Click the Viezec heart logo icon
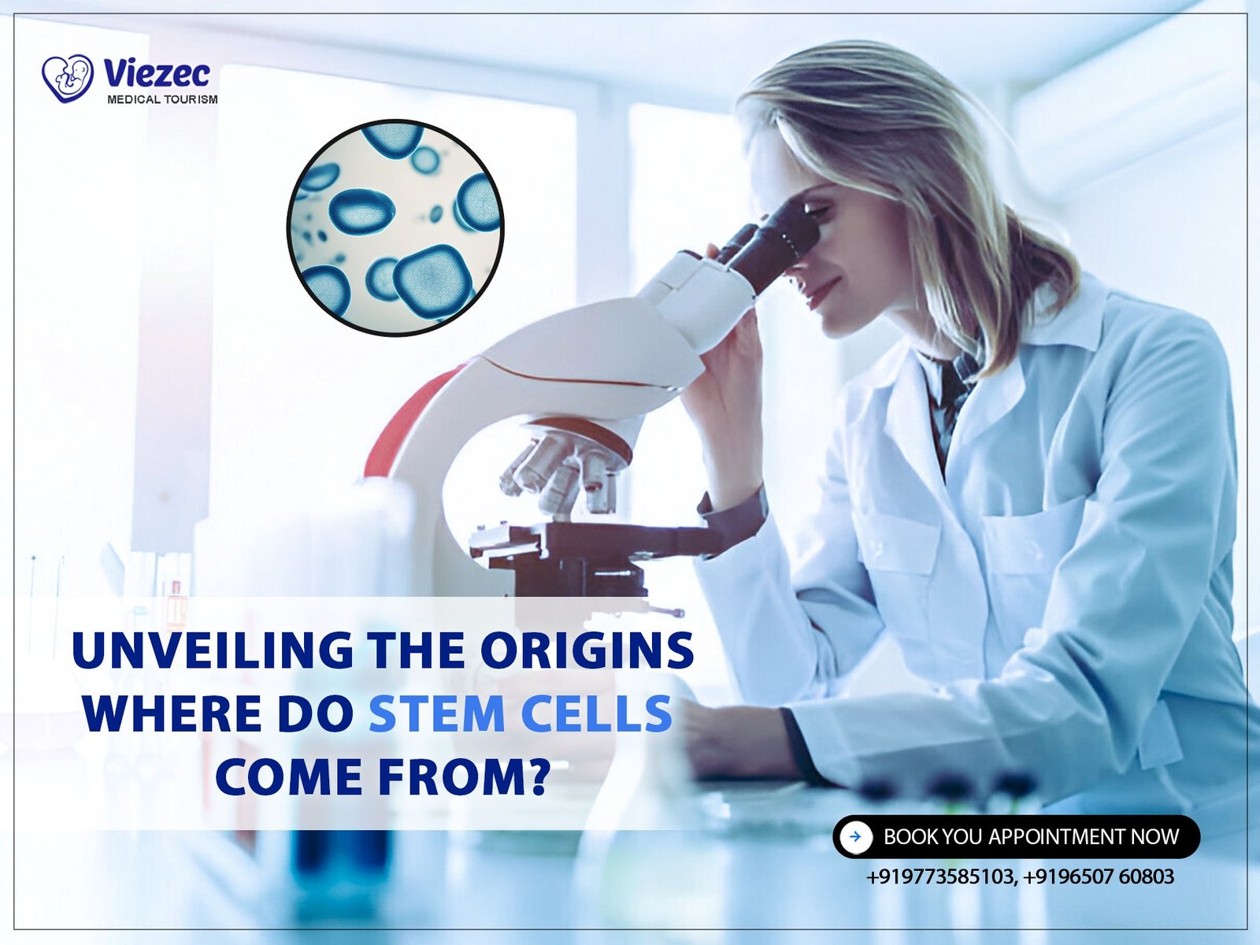pos(68,78)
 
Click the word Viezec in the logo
pos(157,73)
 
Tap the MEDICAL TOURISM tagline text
pos(162,99)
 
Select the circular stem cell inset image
pos(395,228)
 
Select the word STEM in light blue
pos(436,713)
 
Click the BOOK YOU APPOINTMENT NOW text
pos(1031,837)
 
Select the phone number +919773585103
pos(940,876)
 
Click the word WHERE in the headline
pos(172,713)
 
